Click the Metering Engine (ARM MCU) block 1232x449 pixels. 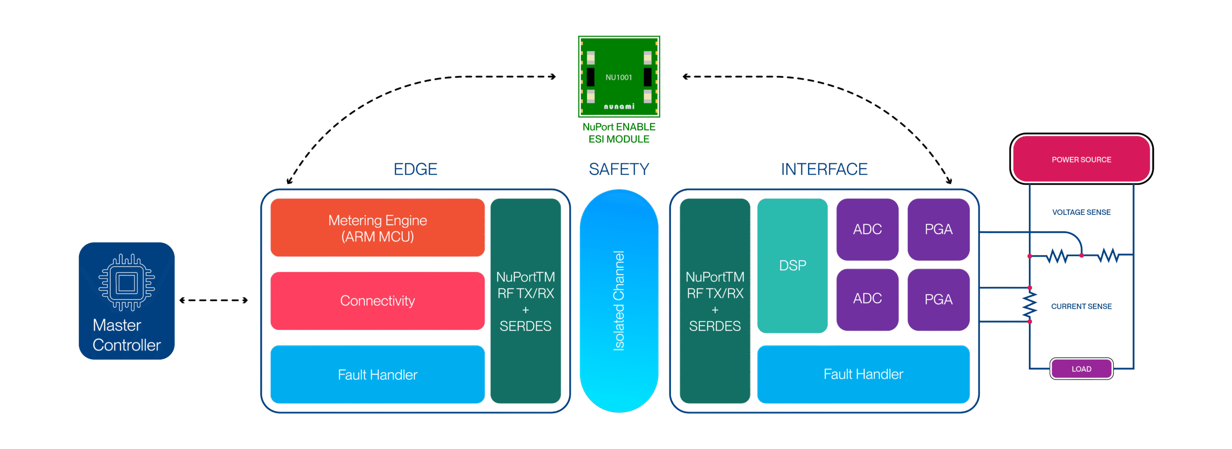pyautogui.click(x=377, y=228)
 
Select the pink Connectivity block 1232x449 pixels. pyautogui.click(x=377, y=301)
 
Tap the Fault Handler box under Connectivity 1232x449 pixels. pyautogui.click(x=377, y=374)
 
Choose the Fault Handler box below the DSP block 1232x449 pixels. pyautogui.click(x=863, y=374)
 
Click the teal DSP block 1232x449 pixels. pyautogui.click(x=792, y=265)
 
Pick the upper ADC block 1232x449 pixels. pyautogui.click(x=867, y=229)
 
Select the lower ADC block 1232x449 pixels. pyautogui.click(x=867, y=299)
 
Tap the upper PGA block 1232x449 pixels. pyautogui.click(x=938, y=229)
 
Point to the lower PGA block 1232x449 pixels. pyautogui.click(x=938, y=299)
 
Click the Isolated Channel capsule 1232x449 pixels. pyautogui.click(x=619, y=300)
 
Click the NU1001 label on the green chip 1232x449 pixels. pyautogui.click(x=618, y=77)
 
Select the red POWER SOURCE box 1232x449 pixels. pyautogui.click(x=1081, y=159)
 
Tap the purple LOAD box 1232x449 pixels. pyautogui.click(x=1081, y=369)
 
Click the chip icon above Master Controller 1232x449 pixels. pyautogui.click(x=127, y=282)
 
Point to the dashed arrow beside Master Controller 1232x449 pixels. pyautogui.click(x=213, y=300)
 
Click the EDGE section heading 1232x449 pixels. pyautogui.click(x=415, y=169)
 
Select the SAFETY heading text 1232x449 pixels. pyautogui.click(x=619, y=169)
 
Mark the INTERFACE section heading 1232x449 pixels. pyautogui.click(x=824, y=169)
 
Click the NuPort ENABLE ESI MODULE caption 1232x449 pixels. pyautogui.click(x=619, y=133)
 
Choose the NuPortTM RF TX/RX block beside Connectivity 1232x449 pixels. pyautogui.click(x=526, y=301)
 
